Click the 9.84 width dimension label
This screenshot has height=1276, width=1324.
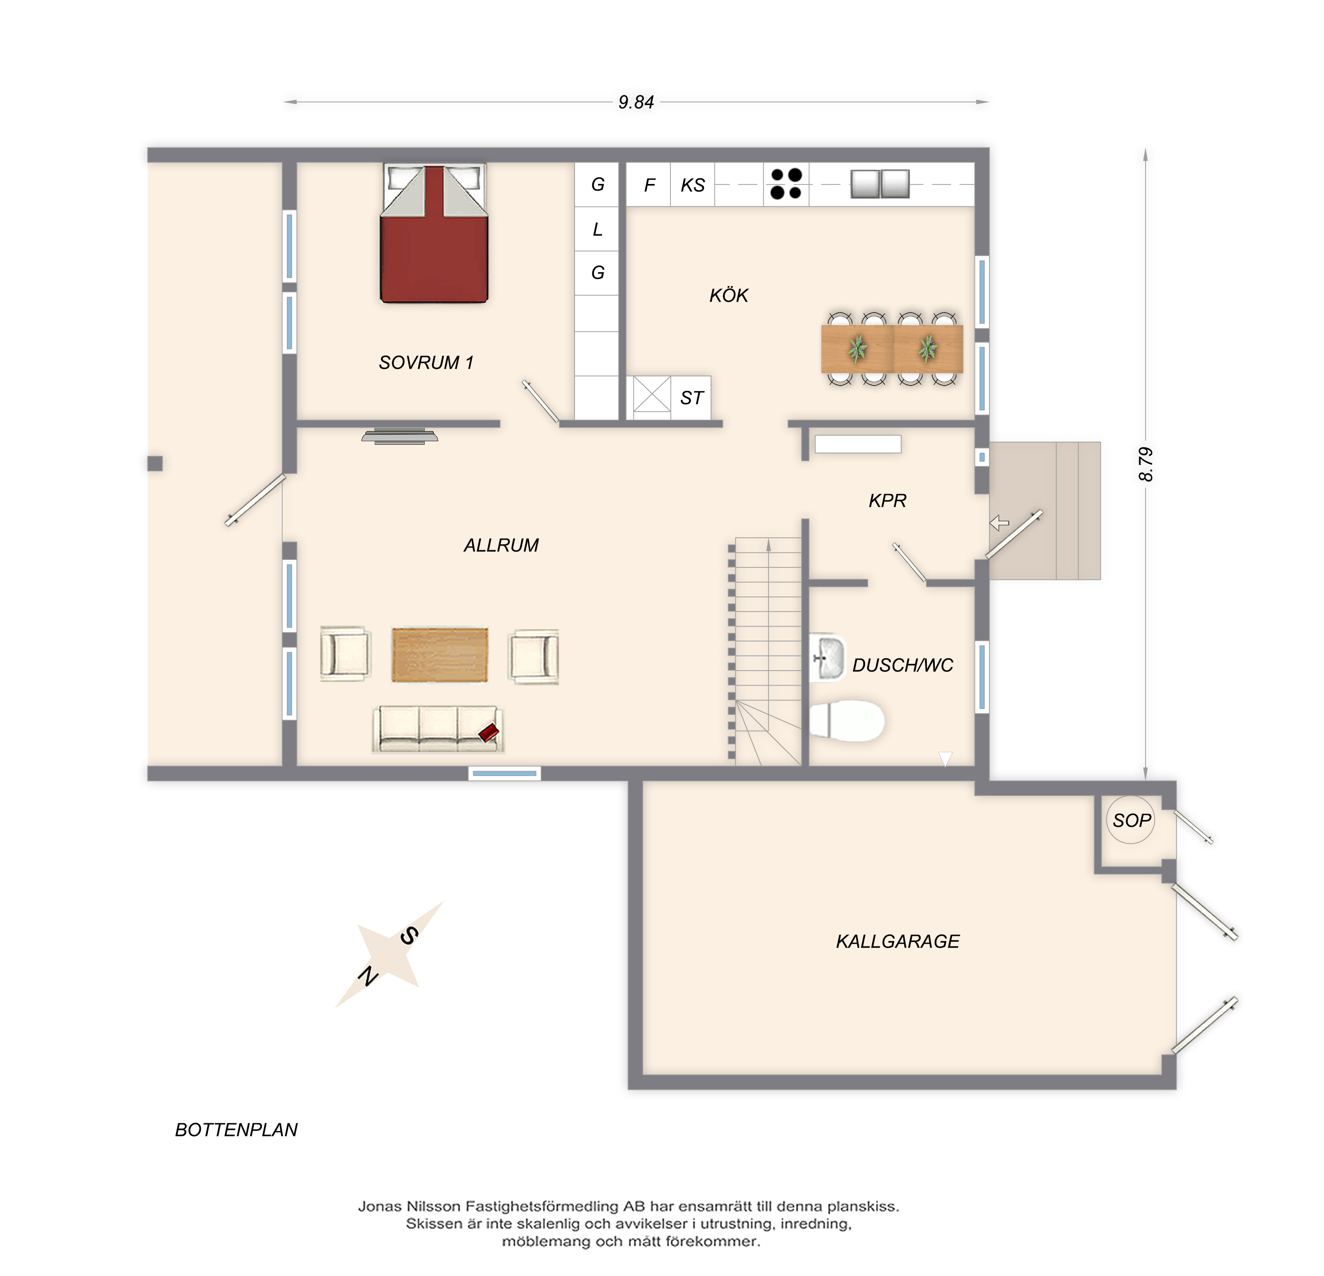[636, 102]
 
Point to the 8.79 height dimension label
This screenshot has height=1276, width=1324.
[1146, 464]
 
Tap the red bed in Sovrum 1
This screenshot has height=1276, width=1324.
[434, 233]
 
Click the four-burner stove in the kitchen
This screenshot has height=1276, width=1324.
[786, 184]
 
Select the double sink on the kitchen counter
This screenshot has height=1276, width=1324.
[880, 184]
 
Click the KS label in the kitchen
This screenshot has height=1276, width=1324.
[692, 185]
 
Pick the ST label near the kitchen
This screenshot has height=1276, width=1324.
[692, 398]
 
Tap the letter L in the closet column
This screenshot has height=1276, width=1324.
[597, 230]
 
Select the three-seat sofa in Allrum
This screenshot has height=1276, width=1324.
[438, 729]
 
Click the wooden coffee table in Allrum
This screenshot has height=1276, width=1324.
[440, 655]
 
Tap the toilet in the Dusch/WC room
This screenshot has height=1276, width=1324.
[846, 721]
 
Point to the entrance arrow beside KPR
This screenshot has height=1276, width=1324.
[999, 523]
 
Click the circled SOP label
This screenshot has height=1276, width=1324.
[1132, 820]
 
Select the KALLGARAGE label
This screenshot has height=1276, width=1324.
[898, 941]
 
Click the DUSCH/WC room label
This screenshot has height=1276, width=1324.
[903, 665]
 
